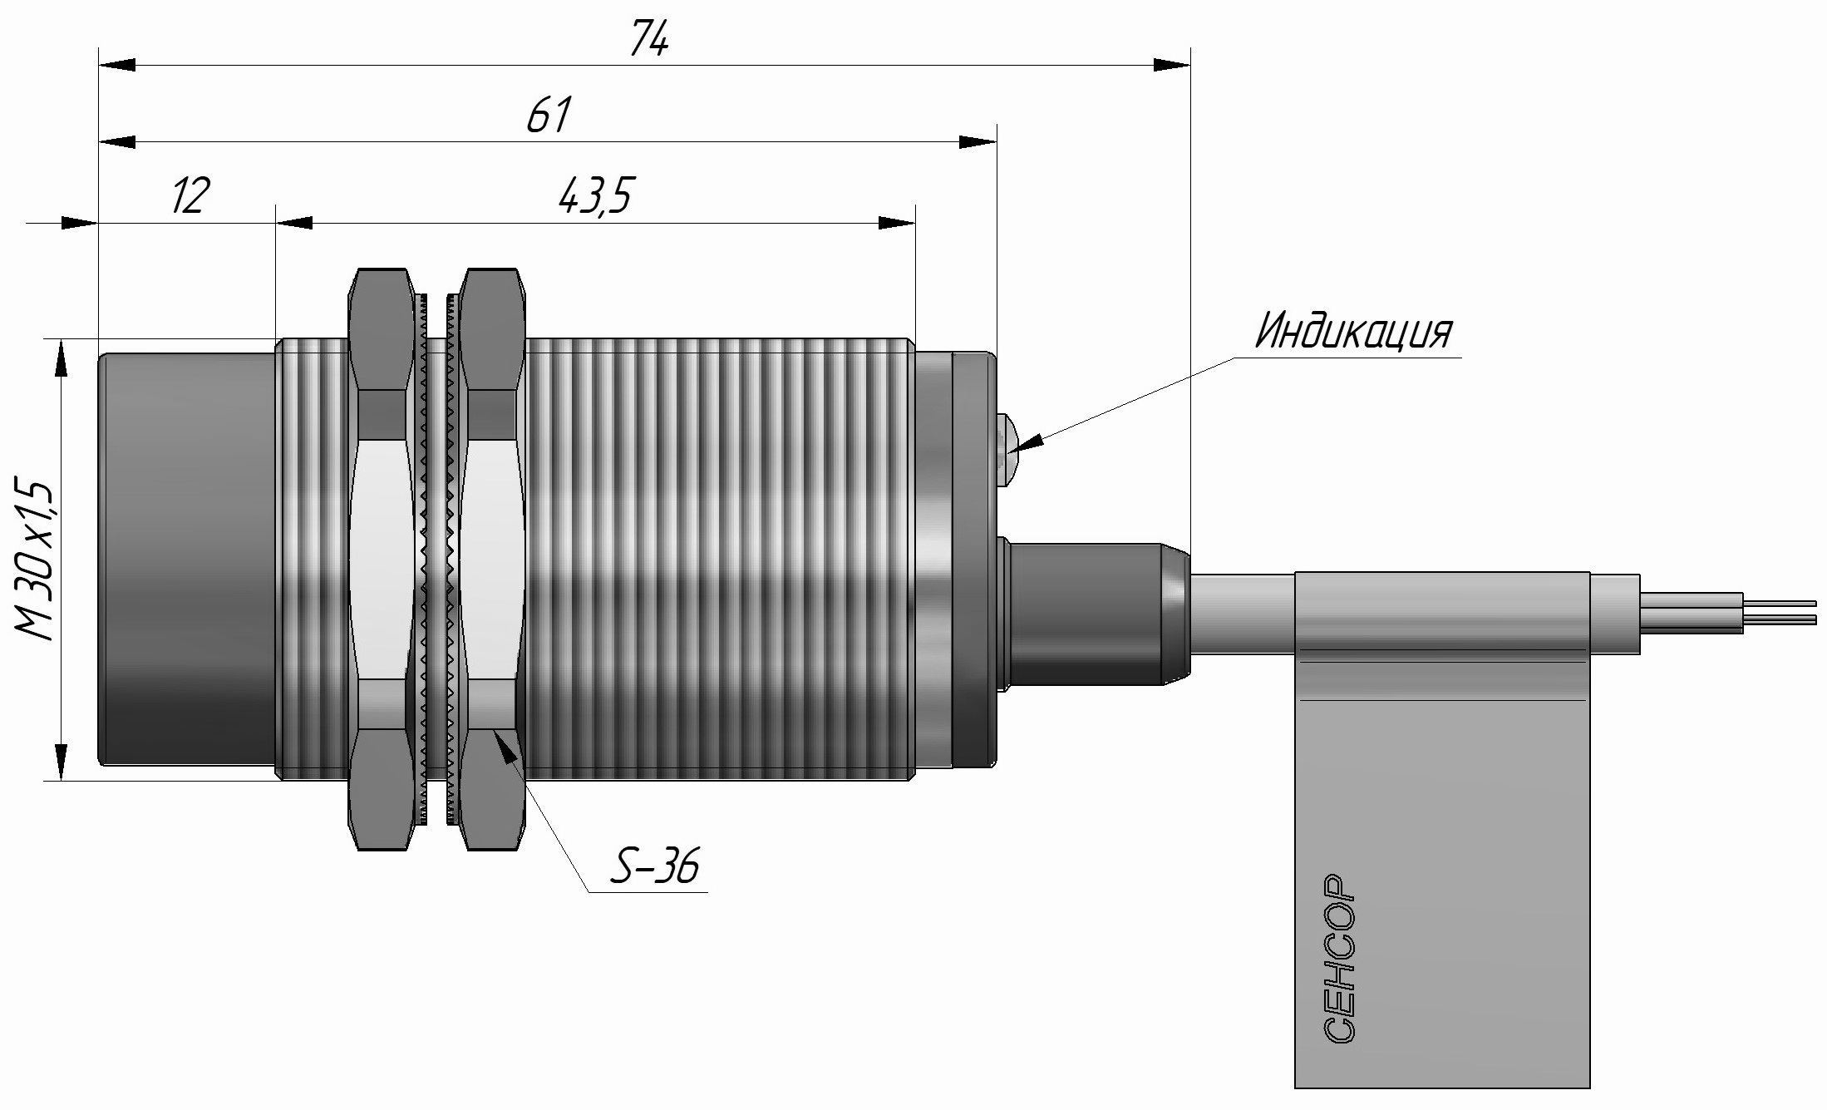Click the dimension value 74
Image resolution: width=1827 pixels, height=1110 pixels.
[x=649, y=39]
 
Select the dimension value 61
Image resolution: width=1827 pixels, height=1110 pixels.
[x=549, y=115]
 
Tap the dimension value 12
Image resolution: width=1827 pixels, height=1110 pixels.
[x=190, y=195]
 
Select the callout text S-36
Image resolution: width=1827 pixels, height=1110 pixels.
[x=654, y=867]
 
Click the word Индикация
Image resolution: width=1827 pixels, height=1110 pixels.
[x=1353, y=331]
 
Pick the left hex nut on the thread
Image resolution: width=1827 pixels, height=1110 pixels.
[x=381, y=559]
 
